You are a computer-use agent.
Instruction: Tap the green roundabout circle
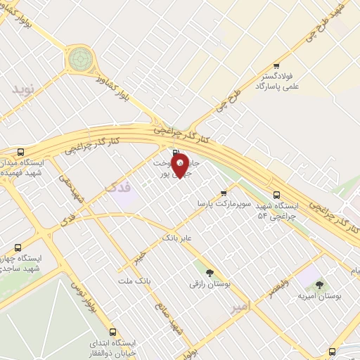tap(79, 59)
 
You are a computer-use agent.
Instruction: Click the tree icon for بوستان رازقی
tap(210, 272)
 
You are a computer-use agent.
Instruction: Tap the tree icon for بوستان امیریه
tap(320, 285)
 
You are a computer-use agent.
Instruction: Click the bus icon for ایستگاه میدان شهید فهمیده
tap(20, 152)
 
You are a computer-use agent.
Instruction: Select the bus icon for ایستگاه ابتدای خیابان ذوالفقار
tap(112, 331)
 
